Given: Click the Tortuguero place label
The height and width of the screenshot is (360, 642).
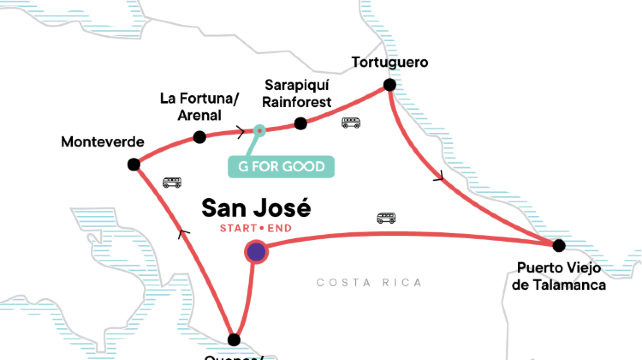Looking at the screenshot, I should (390, 63).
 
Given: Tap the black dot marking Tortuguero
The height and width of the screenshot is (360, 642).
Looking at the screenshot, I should (390, 85).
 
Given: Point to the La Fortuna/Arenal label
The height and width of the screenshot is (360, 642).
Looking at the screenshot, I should (199, 106).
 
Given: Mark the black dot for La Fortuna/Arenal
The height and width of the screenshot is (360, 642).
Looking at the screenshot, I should (199, 136).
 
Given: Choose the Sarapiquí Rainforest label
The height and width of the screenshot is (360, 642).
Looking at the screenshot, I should (299, 93).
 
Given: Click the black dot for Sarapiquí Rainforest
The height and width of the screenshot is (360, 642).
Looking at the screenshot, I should (300, 124).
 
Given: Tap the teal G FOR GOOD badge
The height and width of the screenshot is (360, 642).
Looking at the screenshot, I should (281, 166).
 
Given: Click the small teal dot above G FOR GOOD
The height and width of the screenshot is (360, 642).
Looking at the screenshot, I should (259, 130).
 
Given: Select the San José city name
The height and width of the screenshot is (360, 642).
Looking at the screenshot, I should (256, 208).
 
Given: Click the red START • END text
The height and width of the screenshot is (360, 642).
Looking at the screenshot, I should (256, 229).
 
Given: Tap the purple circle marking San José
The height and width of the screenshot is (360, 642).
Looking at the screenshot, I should (256, 252).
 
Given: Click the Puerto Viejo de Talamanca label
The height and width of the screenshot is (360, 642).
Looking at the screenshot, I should (559, 276).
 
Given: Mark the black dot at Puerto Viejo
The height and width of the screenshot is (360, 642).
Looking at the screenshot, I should (559, 245).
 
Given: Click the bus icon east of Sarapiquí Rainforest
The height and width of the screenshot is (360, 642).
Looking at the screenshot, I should (350, 123).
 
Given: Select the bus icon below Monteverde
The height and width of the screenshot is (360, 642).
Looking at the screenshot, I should (172, 183).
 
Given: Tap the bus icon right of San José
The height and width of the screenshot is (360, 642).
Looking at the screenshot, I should (386, 218).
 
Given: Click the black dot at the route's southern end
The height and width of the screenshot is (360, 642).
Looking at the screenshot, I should (234, 339).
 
